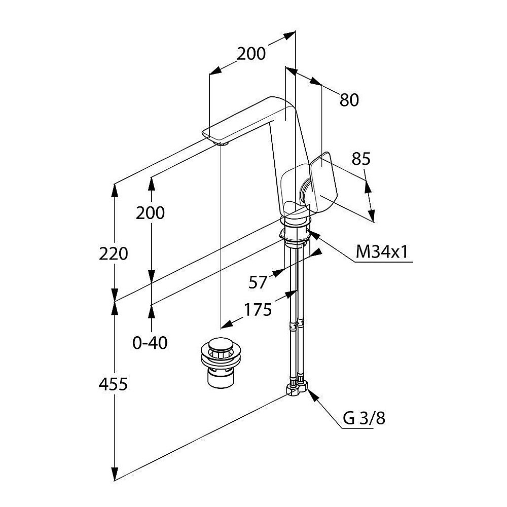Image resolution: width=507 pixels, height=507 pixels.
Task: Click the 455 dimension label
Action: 113,384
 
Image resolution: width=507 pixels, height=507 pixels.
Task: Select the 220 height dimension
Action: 114,253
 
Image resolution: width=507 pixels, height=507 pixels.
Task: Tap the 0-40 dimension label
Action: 150,343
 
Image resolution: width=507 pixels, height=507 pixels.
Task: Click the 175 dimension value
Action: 258,310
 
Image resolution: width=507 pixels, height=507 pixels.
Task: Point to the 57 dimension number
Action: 258,282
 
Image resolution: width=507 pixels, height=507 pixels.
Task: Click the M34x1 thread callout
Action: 382,251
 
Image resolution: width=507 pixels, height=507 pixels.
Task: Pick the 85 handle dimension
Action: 361,159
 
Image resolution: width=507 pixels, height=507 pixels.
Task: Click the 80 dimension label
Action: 349,100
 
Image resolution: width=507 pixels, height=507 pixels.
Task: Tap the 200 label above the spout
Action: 251,54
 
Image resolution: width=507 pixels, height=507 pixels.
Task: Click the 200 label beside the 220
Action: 150,213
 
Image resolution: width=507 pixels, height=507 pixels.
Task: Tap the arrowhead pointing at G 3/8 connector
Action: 312,394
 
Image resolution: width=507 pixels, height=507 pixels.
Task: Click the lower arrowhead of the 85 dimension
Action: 372,215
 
